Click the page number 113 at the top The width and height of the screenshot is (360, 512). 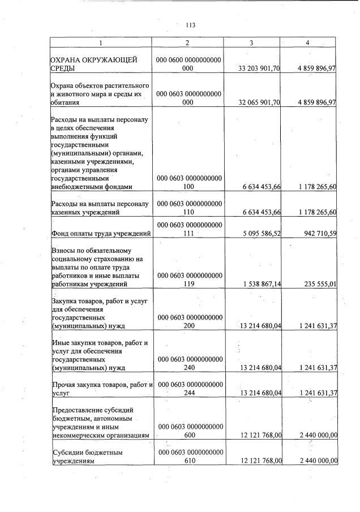coord(190,25)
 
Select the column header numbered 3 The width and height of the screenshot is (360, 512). coord(251,43)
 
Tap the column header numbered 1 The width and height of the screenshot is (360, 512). coord(101,43)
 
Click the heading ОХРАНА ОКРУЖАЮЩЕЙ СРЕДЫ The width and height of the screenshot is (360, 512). coord(85,64)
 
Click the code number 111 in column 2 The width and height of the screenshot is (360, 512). coord(189,233)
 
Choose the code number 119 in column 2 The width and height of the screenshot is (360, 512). coord(189,284)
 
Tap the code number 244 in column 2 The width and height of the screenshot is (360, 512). coord(189,391)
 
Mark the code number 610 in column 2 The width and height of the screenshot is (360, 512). coord(189,461)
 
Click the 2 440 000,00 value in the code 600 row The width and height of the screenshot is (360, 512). coord(316,434)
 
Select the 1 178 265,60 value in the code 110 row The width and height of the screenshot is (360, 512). coord(316,212)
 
